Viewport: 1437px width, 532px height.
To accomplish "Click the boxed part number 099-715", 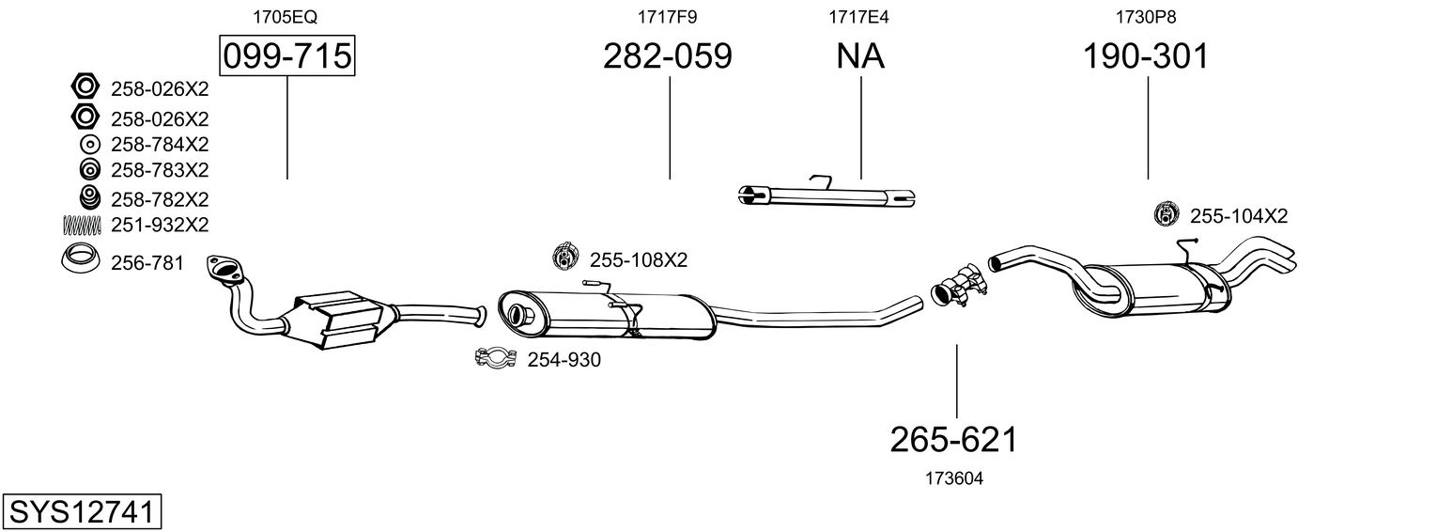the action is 286,55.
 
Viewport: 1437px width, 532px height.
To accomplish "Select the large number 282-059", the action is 667,55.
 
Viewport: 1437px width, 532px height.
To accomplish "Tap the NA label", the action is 860,55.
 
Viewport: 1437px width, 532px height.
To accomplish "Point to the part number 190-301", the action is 1146,55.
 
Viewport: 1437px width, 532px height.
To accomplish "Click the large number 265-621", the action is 954,440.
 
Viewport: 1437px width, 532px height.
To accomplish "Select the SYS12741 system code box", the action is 82,511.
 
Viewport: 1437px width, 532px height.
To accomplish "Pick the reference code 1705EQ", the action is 286,17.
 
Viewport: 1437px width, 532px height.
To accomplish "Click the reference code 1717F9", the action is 667,17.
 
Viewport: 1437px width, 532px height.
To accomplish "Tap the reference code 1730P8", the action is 1146,17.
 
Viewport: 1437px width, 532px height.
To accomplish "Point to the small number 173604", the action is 954,478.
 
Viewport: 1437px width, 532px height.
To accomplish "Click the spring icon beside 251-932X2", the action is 82,225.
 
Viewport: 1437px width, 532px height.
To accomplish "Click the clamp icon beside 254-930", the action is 496,359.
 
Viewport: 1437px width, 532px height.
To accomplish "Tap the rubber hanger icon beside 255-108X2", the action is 565,257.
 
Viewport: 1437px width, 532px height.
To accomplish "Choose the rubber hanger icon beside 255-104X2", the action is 1167,214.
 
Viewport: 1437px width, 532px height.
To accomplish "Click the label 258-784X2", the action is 160,145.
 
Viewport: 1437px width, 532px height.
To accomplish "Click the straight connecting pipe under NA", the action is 827,196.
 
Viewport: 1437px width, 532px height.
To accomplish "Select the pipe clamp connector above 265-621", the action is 958,287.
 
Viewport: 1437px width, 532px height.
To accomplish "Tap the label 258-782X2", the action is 160,199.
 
